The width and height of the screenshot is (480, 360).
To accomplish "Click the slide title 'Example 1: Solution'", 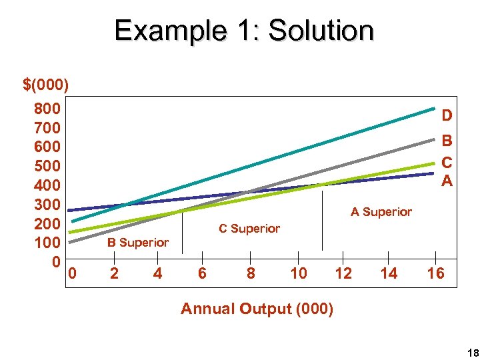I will pos(243,31).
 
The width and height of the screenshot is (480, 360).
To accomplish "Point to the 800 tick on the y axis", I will pos(47,109).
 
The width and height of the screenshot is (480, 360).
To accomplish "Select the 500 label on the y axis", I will pos(47,165).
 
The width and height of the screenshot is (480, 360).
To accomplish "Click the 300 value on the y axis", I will pos(47,204).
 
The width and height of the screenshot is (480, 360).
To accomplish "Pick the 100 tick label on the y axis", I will pos(47,242).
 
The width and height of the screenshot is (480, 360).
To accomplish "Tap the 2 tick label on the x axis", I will pos(114,273).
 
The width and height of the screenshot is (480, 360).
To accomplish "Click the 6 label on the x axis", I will pos(202,273).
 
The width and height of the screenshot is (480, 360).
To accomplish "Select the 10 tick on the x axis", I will pos(298,273).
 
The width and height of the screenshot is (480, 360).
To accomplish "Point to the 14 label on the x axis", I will pos(389,273).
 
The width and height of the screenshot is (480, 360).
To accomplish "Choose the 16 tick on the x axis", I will pos(435,273).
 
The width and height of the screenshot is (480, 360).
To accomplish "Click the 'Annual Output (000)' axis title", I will pos(257,309).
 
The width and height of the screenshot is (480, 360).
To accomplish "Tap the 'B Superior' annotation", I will pos(138,243).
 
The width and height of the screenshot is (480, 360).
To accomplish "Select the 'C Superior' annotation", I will pos(249,229).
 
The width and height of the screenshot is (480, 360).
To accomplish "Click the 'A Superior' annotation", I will pos(381,212).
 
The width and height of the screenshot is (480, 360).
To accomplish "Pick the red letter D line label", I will pos(447,116).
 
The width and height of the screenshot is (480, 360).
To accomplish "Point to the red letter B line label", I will pos(447,141).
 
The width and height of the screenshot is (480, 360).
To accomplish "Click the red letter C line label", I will pos(447,162).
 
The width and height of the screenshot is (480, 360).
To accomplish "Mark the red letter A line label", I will pos(447,181).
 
